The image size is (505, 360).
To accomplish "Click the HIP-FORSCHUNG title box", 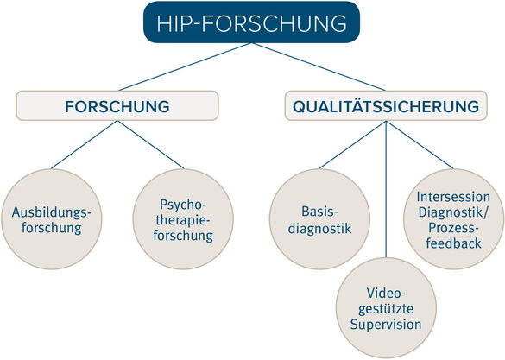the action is [x=251, y=22].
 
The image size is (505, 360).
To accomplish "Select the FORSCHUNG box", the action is [x=117, y=105].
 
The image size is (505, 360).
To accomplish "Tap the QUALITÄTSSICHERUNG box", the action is [x=386, y=105].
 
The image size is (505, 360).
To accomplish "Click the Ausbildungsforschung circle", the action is [x=52, y=219].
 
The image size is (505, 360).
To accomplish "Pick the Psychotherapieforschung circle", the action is [x=183, y=219].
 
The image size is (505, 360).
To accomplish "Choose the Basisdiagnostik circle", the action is [x=319, y=219].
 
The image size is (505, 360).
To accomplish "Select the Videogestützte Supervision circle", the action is [x=386, y=308].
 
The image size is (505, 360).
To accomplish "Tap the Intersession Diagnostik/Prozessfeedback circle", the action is [x=453, y=219].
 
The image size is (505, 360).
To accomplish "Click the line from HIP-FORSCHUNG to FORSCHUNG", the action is [x=184, y=66].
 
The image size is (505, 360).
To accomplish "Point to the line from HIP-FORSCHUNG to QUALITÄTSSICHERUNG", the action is [x=319, y=66].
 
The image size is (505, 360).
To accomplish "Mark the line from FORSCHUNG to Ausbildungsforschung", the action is [x=84, y=144].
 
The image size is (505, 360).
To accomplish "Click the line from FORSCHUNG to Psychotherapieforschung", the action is [x=150, y=144].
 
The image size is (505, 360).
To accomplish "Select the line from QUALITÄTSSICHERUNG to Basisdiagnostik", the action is [x=353, y=144].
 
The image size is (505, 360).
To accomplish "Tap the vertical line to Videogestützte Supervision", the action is [x=386, y=189].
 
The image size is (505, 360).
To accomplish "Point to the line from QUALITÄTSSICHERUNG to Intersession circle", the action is [x=420, y=144].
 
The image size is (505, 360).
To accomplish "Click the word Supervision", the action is [x=386, y=325].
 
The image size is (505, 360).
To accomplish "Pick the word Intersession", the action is [x=453, y=197].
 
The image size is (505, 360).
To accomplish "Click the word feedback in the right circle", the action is [x=453, y=243].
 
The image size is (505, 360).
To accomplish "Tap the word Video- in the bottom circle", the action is [x=386, y=293].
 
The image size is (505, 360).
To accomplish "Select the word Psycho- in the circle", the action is [x=183, y=205].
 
